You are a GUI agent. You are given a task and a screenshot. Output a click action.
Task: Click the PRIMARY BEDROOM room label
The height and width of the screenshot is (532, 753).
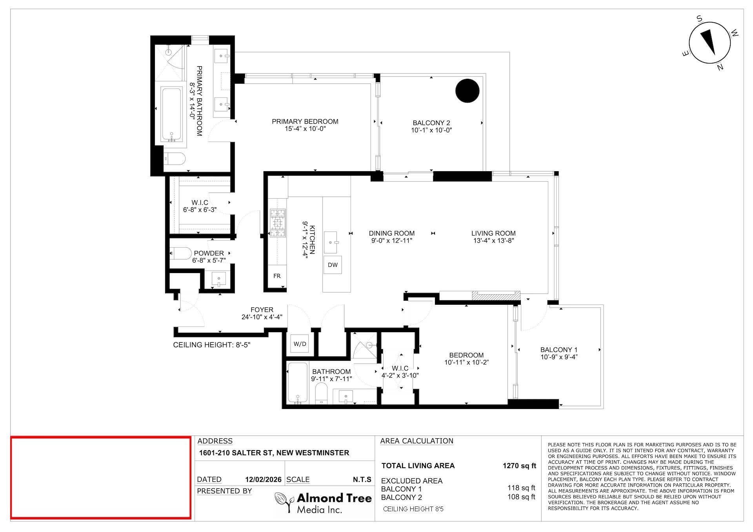[305, 121]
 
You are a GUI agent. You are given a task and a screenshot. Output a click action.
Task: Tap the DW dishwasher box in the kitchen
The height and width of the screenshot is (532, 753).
[333, 265]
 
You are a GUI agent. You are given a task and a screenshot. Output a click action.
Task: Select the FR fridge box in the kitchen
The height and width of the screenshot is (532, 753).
[277, 276]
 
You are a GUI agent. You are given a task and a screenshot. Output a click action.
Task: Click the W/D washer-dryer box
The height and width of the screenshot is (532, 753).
[300, 344]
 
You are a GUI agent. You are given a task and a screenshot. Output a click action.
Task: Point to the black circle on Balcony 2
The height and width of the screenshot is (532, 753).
[467, 90]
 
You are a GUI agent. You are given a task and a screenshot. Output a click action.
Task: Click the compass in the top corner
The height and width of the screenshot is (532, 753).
[710, 44]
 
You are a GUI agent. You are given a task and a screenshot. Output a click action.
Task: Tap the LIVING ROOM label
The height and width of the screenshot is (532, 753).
[493, 233]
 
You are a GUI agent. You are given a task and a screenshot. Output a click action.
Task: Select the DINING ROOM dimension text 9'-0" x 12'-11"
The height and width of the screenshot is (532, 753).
[391, 241]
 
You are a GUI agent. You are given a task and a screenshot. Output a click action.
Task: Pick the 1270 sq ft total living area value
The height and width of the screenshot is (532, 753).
[519, 466]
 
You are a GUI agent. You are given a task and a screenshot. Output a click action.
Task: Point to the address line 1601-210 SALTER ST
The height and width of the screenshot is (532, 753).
[274, 453]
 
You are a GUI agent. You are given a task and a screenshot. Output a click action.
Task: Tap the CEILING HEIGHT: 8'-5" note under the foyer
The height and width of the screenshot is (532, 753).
[212, 345]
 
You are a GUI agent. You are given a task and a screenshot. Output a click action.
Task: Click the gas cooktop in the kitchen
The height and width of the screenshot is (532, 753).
[278, 223]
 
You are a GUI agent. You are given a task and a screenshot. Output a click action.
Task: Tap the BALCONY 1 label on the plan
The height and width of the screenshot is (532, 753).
[559, 349]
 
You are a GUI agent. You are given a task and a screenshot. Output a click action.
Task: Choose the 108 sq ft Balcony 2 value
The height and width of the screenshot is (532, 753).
[521, 497]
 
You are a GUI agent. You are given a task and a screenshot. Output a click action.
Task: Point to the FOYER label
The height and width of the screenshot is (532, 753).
[262, 310]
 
